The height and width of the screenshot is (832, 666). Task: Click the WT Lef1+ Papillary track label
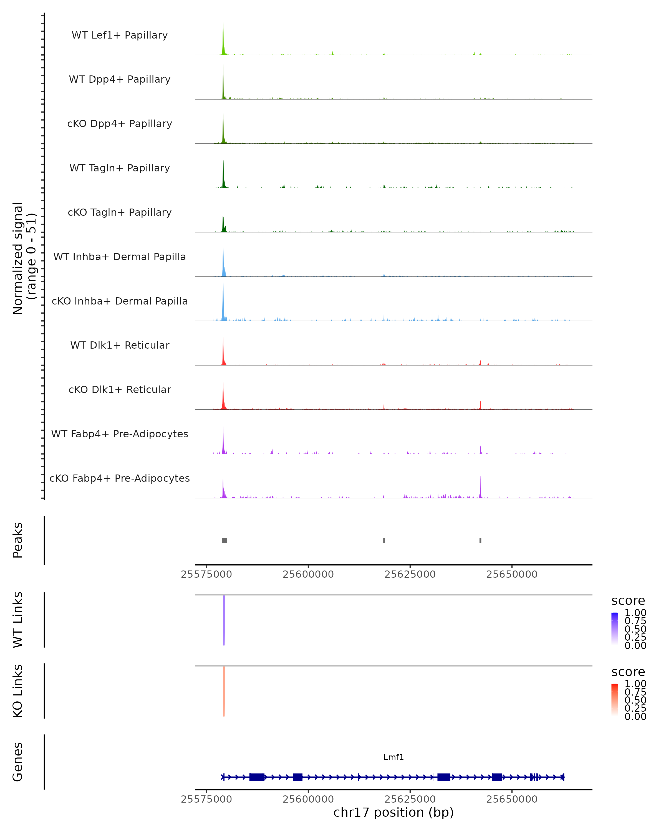point(120,35)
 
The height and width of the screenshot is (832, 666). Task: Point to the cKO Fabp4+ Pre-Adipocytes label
point(120,478)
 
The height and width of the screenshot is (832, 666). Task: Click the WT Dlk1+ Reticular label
point(120,345)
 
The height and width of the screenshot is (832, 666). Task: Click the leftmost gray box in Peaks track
point(224,540)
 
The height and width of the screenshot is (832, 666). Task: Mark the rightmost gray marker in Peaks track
point(480,540)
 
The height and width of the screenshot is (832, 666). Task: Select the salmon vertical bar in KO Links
point(224,691)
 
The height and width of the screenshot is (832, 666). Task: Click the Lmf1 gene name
point(393,757)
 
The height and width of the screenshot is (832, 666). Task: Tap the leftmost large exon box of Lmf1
point(257,777)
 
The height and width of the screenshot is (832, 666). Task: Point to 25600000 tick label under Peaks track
point(308,574)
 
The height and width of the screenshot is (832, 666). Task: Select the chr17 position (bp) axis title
point(393,813)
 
